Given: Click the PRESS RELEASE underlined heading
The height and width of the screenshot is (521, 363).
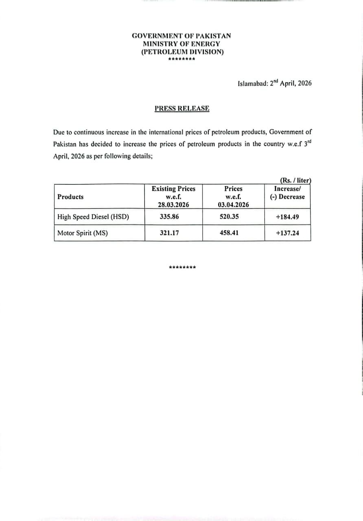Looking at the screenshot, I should (182, 108).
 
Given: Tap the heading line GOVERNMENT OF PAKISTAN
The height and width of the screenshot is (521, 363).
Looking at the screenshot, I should (181, 36).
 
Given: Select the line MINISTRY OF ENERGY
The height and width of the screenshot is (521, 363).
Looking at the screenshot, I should (181, 44).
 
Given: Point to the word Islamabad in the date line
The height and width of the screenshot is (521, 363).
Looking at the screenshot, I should (252, 83).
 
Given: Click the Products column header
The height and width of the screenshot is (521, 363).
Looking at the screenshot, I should (70, 197).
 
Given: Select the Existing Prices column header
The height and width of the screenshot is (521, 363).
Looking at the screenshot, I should (173, 189).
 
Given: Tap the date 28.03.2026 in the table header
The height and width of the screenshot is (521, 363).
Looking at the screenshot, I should (173, 205).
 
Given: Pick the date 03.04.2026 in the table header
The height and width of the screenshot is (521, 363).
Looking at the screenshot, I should (233, 205).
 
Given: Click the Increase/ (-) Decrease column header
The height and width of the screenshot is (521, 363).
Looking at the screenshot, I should (287, 193).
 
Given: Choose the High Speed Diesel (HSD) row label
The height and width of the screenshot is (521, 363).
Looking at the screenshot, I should (93, 217).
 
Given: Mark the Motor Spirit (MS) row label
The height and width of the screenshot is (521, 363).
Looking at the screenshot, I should (83, 233).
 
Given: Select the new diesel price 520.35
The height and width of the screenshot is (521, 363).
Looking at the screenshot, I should (229, 217).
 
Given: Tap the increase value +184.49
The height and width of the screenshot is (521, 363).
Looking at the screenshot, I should (287, 217).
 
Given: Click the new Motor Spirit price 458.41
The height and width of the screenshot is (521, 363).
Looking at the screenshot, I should (229, 233).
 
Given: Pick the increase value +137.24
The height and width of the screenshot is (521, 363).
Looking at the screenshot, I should (287, 233).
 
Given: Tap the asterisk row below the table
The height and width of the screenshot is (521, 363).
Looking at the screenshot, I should (182, 267).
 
